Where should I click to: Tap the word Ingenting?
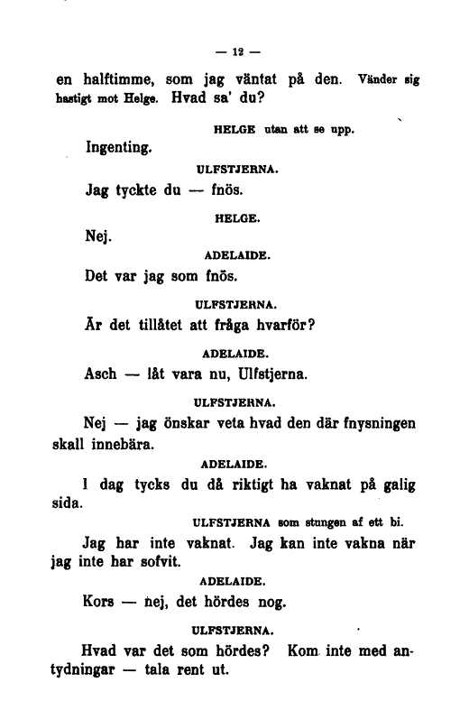click(x=117, y=145)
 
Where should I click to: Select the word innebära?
click(x=122, y=444)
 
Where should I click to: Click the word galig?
click(x=397, y=484)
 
